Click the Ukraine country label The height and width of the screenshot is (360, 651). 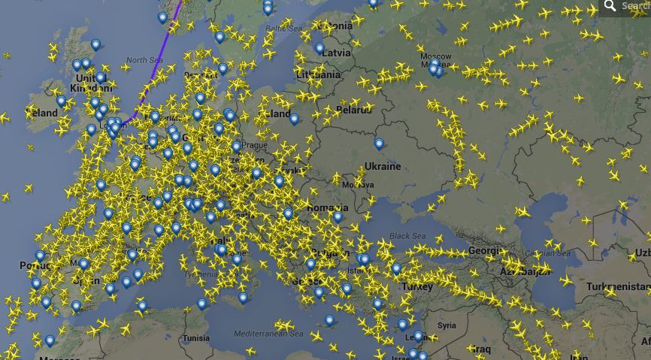(x=382, y=166)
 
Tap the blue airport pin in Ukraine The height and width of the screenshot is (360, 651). (x=380, y=144)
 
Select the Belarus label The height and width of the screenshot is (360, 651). (x=354, y=110)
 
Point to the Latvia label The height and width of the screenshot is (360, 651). (x=336, y=53)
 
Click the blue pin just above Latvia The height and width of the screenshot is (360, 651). (x=319, y=49)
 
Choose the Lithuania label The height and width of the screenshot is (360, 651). (x=318, y=75)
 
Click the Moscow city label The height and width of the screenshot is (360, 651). (x=436, y=56)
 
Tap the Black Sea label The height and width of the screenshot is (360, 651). (x=407, y=236)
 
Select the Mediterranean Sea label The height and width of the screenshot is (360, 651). (x=268, y=333)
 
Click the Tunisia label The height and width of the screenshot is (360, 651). (x=196, y=338)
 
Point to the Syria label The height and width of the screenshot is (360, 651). (x=447, y=325)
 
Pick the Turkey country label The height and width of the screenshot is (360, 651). (x=417, y=287)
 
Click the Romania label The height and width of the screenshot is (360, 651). (x=328, y=207)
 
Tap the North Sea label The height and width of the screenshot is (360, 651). (x=144, y=60)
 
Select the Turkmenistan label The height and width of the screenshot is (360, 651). (x=618, y=287)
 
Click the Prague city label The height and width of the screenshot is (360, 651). (x=255, y=145)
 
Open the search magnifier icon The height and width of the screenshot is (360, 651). (x=610, y=6)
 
